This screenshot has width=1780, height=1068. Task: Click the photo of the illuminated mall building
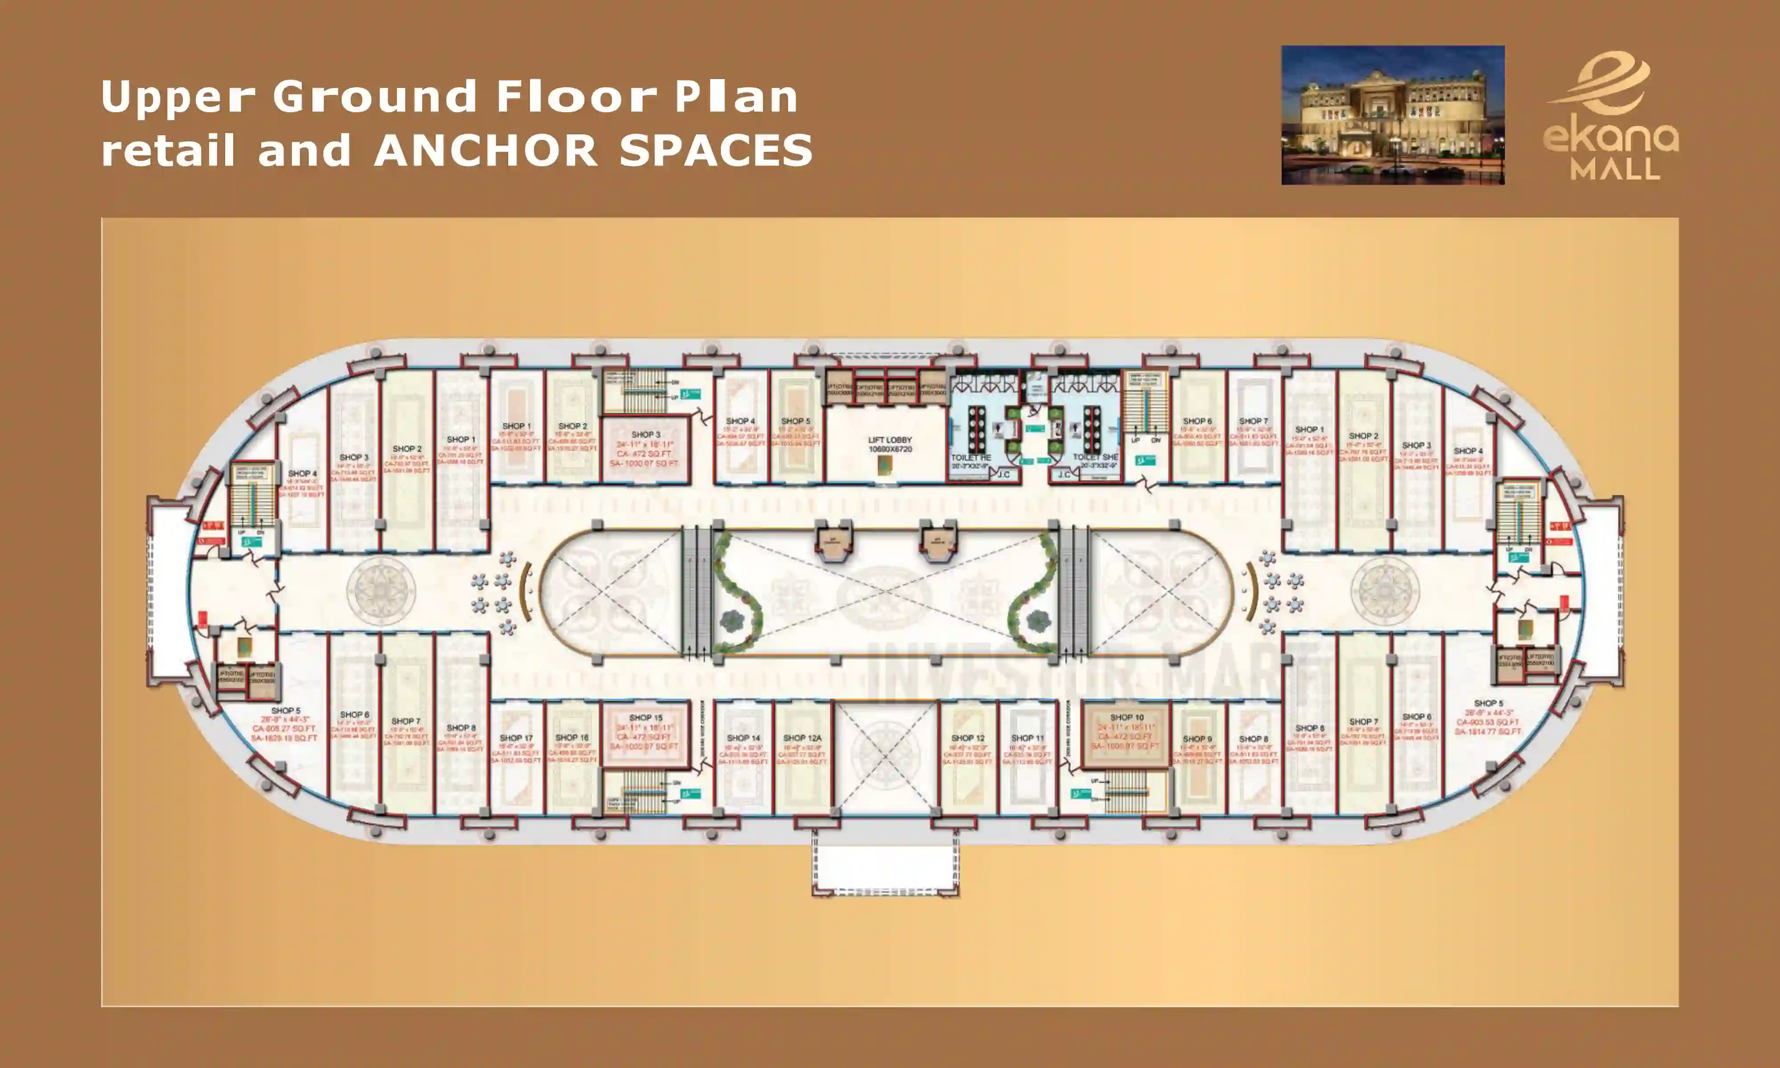click(1392, 115)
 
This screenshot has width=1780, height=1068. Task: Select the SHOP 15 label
click(645, 717)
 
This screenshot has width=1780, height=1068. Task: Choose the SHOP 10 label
click(1127, 717)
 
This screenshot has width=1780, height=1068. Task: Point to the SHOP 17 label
click(516, 738)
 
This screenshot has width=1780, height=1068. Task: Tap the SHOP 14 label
click(743, 738)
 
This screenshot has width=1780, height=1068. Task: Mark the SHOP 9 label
click(1197, 738)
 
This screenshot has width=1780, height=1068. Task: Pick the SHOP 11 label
click(1028, 738)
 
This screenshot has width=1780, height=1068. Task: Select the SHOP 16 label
click(572, 738)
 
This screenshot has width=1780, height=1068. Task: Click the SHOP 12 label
click(968, 738)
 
